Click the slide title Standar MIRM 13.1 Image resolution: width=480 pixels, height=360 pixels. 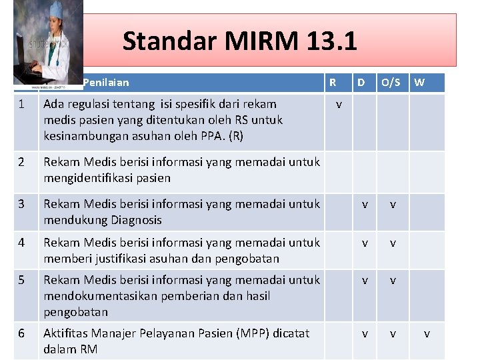240,41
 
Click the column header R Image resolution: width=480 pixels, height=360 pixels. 333,83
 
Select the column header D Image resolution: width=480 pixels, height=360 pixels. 361,83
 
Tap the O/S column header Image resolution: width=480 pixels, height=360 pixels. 391,83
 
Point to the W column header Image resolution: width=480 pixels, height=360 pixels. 419,83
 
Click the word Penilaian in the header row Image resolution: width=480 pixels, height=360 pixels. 106,83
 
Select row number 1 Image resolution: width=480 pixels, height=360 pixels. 21,104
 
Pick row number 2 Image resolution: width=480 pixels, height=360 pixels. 21,162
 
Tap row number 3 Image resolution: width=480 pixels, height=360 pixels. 21,204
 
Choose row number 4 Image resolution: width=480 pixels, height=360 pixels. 21,243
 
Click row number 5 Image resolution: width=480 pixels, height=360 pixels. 21,280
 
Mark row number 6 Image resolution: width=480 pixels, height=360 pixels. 21,333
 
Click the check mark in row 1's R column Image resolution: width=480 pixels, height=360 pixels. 339,105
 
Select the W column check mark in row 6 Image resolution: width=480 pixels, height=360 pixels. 427,333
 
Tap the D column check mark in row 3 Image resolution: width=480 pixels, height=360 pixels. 364,205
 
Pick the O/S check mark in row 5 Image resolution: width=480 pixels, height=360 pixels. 393,281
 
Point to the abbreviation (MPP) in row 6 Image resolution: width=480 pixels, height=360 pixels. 254,333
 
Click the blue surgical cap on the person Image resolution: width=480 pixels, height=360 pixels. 53,9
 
